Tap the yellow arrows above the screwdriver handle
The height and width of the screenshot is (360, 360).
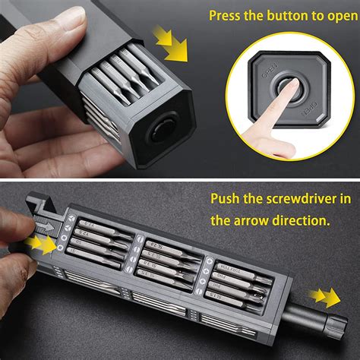(x=326, y=295)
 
